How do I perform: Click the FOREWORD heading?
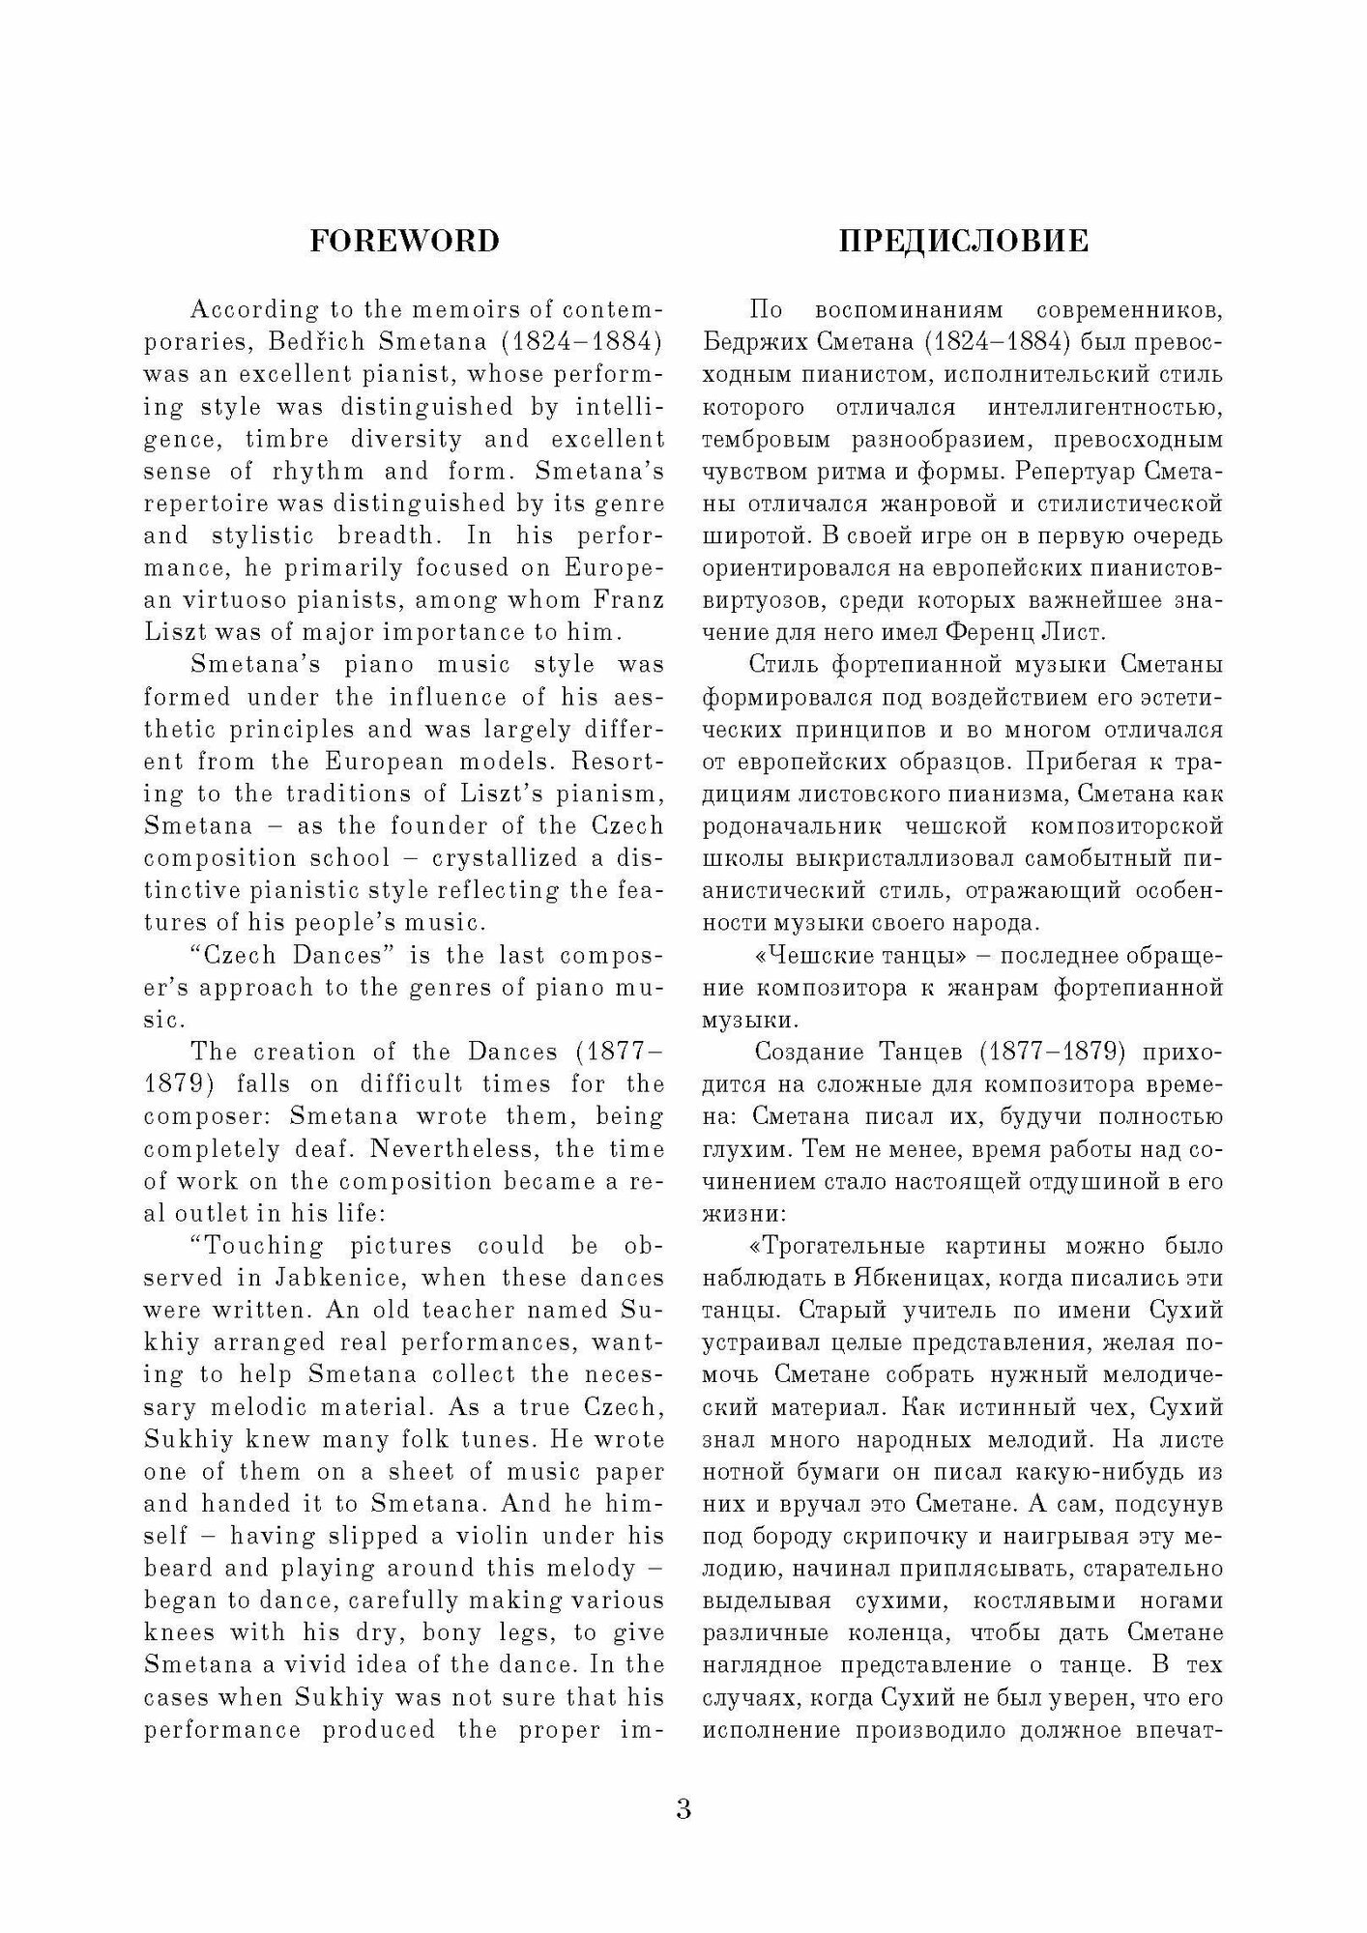click(x=404, y=241)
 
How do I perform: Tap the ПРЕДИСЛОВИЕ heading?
click(x=963, y=241)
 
